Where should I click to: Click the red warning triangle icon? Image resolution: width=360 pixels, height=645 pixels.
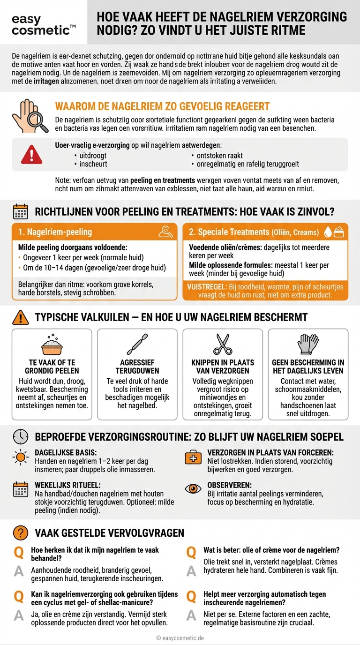31,154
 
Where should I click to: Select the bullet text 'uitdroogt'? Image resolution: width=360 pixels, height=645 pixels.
93,155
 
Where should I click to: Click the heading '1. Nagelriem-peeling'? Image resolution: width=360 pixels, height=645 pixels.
55,232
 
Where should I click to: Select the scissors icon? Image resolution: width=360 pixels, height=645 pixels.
223,344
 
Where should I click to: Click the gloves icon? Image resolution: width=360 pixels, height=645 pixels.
308,344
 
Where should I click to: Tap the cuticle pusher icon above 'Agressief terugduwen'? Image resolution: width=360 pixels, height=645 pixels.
137,344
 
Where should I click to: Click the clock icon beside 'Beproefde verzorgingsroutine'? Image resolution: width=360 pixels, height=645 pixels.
20,437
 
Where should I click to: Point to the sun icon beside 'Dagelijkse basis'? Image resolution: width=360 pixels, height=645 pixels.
20,457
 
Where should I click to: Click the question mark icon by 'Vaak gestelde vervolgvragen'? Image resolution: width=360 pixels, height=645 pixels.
20,532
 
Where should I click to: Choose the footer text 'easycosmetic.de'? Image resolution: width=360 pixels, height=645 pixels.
183,638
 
